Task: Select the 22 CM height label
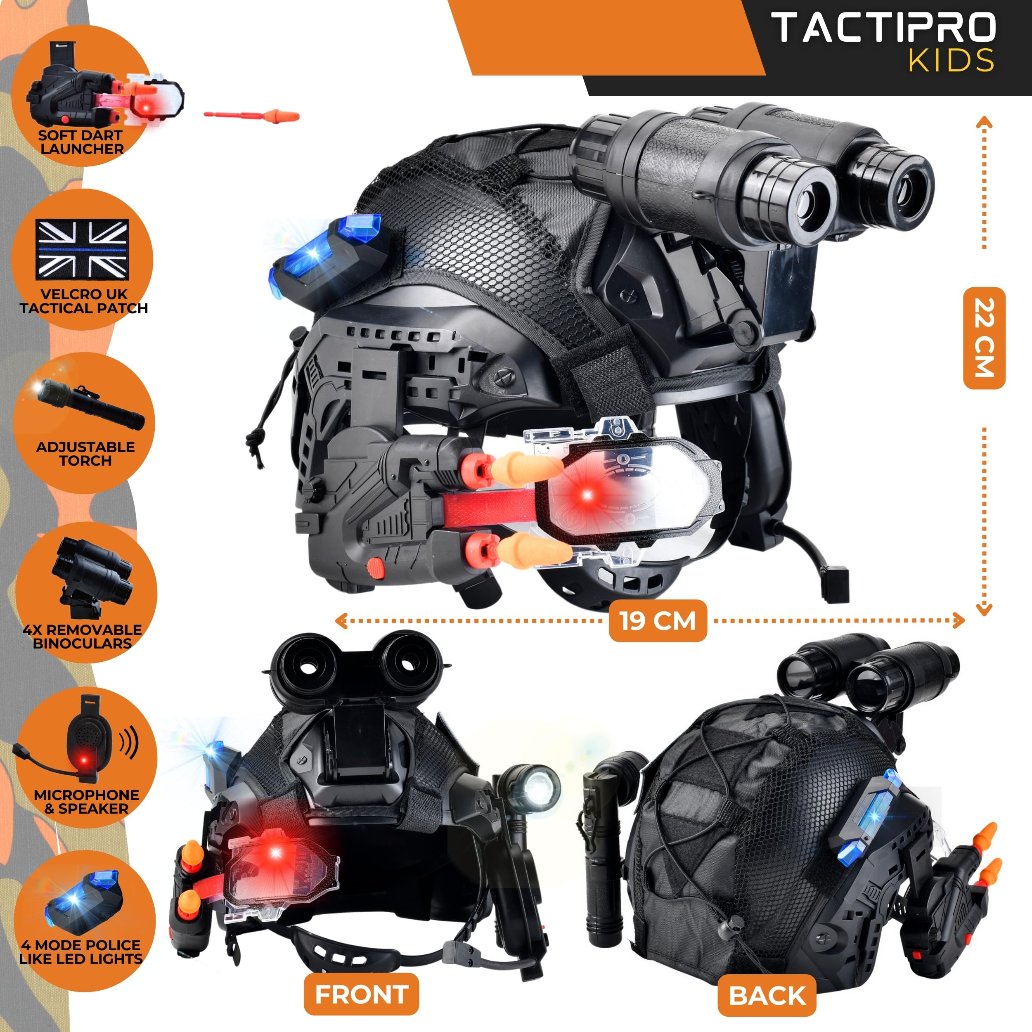(984, 338)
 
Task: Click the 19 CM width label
(658, 621)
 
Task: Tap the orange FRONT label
(362, 994)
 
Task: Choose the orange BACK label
(767, 996)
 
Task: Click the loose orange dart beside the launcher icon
(252, 116)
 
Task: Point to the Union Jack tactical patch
(82, 249)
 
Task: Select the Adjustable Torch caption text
(85, 454)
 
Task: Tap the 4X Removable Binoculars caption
(82, 636)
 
